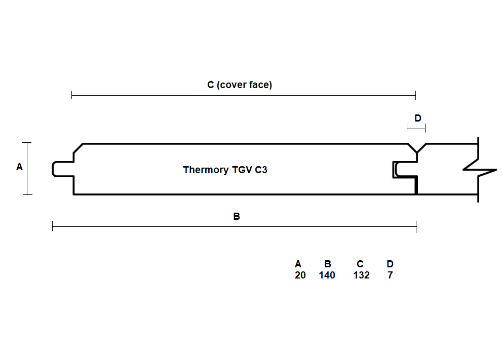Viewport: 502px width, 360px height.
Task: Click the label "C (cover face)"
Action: click(240, 85)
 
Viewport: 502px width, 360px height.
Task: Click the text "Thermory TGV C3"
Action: click(225, 170)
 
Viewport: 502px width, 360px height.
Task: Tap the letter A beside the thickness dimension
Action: click(20, 167)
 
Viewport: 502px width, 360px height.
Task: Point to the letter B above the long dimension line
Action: click(237, 216)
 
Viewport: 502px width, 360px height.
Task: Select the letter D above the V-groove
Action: click(418, 118)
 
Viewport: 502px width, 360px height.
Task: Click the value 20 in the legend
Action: click(300, 275)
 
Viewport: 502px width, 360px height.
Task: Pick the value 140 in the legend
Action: click(327, 275)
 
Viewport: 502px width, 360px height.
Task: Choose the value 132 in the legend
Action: click(362, 275)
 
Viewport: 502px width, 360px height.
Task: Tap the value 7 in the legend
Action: click(390, 275)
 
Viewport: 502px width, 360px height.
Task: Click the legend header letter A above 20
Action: click(298, 264)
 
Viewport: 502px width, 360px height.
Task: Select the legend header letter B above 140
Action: click(328, 264)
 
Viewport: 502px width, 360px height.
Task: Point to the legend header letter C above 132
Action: click(360, 264)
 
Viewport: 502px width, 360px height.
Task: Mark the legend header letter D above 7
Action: click(390, 264)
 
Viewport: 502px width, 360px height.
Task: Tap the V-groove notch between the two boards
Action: click(417, 148)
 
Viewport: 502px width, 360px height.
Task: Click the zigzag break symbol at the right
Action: click(479, 169)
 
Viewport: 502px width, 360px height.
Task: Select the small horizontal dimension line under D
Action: click(416, 129)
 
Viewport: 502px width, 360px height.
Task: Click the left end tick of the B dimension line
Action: click(53, 226)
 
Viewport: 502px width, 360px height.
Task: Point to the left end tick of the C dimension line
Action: click(72, 95)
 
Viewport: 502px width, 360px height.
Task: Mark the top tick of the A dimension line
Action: click(27, 142)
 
